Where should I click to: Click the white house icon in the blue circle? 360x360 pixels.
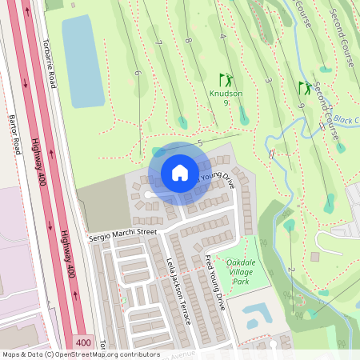pyautogui.click(x=179, y=173)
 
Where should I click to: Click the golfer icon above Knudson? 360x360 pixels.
pyautogui.click(x=226, y=79)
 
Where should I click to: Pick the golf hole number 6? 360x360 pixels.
pyautogui.click(x=138, y=73)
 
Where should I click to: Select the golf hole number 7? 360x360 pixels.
pyautogui.click(x=160, y=42)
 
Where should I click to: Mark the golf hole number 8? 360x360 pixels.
pyautogui.click(x=188, y=40)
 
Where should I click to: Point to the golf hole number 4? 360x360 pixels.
pyautogui.click(x=222, y=36)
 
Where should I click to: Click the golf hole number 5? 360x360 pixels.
pyautogui.click(x=199, y=142)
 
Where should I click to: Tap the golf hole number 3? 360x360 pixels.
pyautogui.click(x=268, y=81)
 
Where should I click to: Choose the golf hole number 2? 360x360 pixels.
pyautogui.click(x=290, y=270)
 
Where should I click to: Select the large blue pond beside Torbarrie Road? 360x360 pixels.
pyautogui.click(x=78, y=54)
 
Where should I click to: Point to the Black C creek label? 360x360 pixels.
pyautogui.click(x=346, y=119)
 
